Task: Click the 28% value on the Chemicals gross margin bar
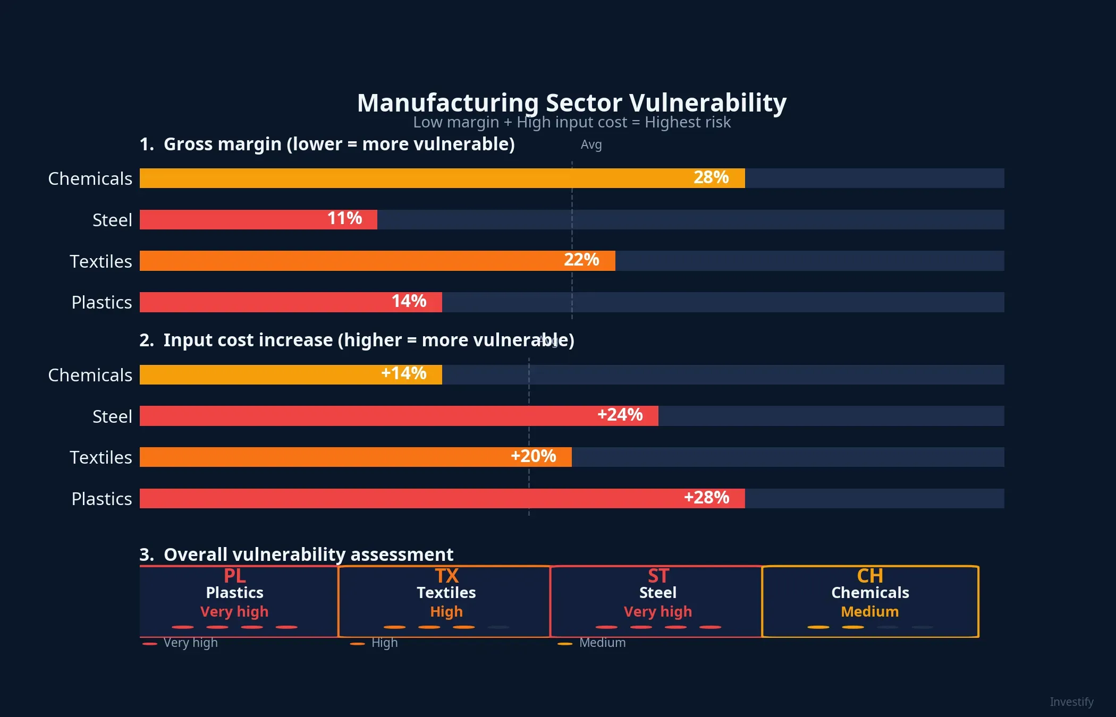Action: [x=711, y=177]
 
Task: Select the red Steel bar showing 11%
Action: [x=258, y=219]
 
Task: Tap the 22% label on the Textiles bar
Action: [x=581, y=260]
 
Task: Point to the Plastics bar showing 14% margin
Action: [x=291, y=302]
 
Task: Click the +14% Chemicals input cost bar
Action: [x=291, y=374]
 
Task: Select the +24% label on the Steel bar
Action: [x=620, y=415]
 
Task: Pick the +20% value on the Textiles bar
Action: [x=533, y=456]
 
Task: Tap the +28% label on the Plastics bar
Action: [x=706, y=498]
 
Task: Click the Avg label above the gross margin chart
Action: [x=591, y=144]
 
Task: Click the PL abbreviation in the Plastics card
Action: [x=234, y=576]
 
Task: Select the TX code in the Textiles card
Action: [x=446, y=576]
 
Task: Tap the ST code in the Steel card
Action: [x=658, y=576]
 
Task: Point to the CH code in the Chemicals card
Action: [x=870, y=576]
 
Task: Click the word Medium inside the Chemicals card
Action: [x=870, y=612]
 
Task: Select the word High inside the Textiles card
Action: [x=446, y=612]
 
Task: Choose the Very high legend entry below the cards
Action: [x=190, y=643]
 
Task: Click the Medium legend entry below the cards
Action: [x=602, y=643]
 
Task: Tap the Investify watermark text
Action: [x=1071, y=702]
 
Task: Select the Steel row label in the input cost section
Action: [x=112, y=416]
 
